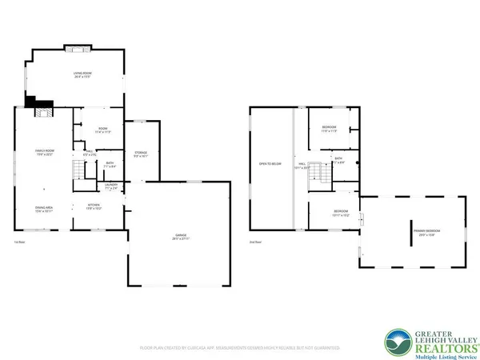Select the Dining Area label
(43, 210)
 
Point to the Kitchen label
(94, 206)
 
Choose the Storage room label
(140, 154)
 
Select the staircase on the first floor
(79, 170)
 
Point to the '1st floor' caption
(20, 242)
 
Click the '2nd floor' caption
(255, 242)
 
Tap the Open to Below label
(269, 164)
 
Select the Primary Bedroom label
(427, 232)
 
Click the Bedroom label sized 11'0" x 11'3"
(329, 130)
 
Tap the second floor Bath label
(339, 160)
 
